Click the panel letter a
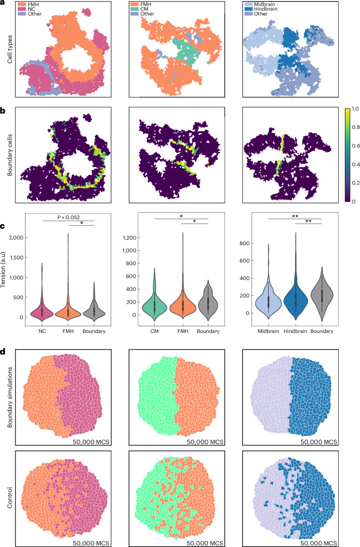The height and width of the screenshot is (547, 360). tap(3, 4)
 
